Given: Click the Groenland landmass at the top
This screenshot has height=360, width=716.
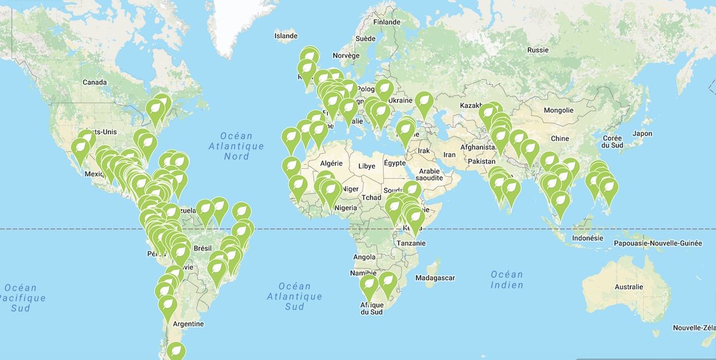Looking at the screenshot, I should click(x=235, y=22).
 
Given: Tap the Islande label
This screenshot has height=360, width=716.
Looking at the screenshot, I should click(x=286, y=36).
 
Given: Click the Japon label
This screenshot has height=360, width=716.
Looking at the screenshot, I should click(x=642, y=134).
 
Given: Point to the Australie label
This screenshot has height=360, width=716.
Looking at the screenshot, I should click(x=629, y=287).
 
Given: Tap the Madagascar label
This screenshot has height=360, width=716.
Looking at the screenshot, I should click(x=436, y=278).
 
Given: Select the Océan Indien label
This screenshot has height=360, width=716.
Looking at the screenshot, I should click(x=507, y=280).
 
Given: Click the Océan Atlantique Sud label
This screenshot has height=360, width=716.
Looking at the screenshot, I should click(x=294, y=296).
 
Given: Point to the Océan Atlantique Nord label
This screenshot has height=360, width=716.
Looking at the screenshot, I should click(x=236, y=146).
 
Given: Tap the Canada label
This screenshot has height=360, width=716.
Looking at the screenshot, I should click(x=95, y=82).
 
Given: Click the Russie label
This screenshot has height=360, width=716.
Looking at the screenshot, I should click(x=538, y=50).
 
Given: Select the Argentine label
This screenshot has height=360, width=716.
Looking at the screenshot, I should click(x=189, y=324).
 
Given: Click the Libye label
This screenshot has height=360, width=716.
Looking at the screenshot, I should click(x=366, y=166).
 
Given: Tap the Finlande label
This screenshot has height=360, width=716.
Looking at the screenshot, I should click(x=387, y=22).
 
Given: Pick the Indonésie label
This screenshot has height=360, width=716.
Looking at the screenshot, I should click(x=588, y=238).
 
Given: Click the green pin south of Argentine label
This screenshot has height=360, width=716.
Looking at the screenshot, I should click(x=176, y=350).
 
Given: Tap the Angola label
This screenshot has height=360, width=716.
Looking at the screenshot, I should click(x=364, y=257).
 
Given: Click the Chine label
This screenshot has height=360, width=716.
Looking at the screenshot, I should click(x=559, y=138).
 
